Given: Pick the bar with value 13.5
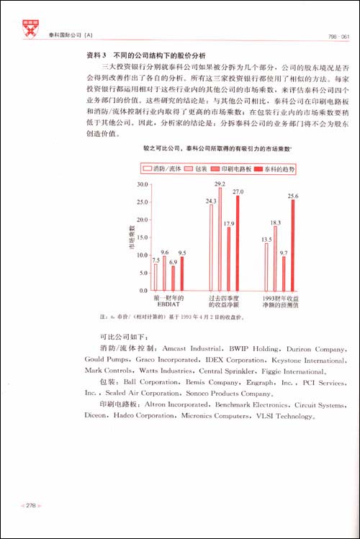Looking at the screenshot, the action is coord(266,266).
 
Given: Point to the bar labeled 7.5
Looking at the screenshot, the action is coord(156,277).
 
